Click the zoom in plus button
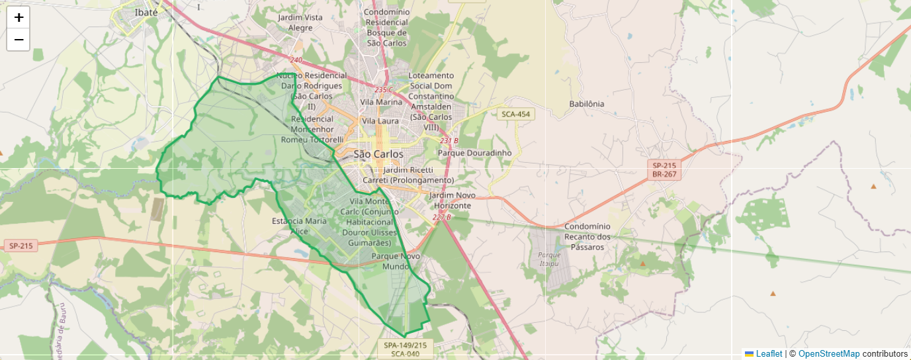click(19, 18)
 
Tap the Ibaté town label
click(146, 13)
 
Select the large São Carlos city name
click(378, 154)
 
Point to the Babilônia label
click(586, 104)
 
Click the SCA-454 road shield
click(516, 114)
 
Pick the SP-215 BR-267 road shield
click(664, 169)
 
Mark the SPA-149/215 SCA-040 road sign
click(406, 349)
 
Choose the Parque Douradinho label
click(475, 153)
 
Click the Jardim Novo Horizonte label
click(453, 201)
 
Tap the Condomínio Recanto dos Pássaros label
click(587, 236)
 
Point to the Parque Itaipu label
click(549, 258)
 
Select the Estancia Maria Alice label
click(299, 226)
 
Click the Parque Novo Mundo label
click(396, 261)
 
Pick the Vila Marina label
click(381, 103)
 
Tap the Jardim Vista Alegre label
click(300, 22)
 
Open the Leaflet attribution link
click(769, 354)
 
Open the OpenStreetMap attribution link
click(829, 354)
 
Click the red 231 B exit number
click(449, 140)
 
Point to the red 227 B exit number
click(441, 217)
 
